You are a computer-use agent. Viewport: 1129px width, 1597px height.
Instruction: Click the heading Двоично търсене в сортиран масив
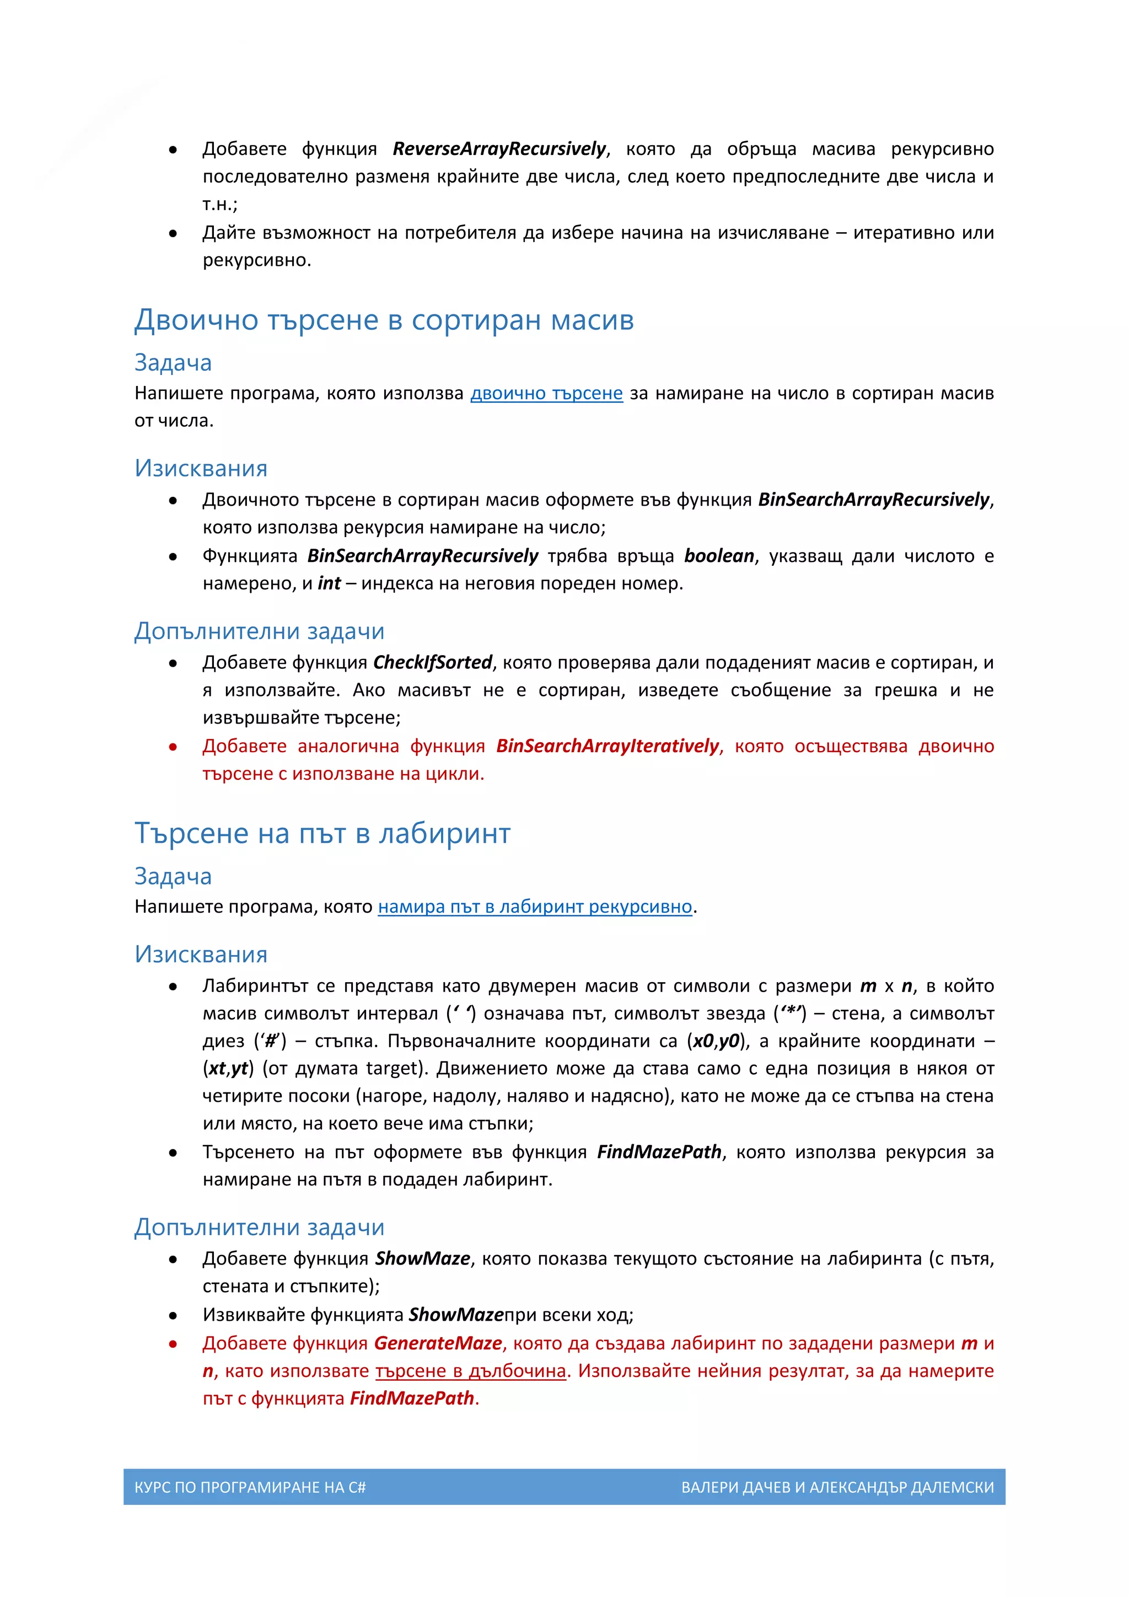(384, 320)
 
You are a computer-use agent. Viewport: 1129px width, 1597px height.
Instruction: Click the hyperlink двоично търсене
(546, 394)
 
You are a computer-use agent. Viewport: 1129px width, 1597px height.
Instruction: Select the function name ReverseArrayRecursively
(499, 149)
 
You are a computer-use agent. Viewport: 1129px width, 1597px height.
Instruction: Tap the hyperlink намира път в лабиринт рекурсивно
(535, 907)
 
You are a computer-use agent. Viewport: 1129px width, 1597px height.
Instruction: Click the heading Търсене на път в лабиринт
(322, 834)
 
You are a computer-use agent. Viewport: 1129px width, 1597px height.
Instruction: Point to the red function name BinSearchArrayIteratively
(607, 746)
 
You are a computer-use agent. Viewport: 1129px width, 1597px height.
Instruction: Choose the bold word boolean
(719, 556)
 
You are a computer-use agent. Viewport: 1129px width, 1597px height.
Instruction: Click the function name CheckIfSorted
(432, 663)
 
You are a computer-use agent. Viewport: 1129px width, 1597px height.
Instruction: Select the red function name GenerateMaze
(438, 1344)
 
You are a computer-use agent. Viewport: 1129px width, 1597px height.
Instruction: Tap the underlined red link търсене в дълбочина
(471, 1371)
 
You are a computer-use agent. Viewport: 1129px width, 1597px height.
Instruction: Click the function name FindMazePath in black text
(659, 1153)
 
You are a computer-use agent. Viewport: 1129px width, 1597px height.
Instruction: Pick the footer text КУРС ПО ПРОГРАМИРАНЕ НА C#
(250, 1488)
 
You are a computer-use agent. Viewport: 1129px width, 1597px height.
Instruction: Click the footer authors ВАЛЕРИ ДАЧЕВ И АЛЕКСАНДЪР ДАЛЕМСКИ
(837, 1488)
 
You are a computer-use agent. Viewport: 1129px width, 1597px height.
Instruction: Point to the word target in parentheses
(394, 1069)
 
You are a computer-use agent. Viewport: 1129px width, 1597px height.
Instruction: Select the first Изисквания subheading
(201, 469)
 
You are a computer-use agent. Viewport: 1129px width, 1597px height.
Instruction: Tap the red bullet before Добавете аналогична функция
(173, 748)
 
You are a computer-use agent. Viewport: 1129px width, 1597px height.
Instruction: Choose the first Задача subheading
(173, 363)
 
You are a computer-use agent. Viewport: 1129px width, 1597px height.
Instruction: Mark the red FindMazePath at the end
(412, 1399)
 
